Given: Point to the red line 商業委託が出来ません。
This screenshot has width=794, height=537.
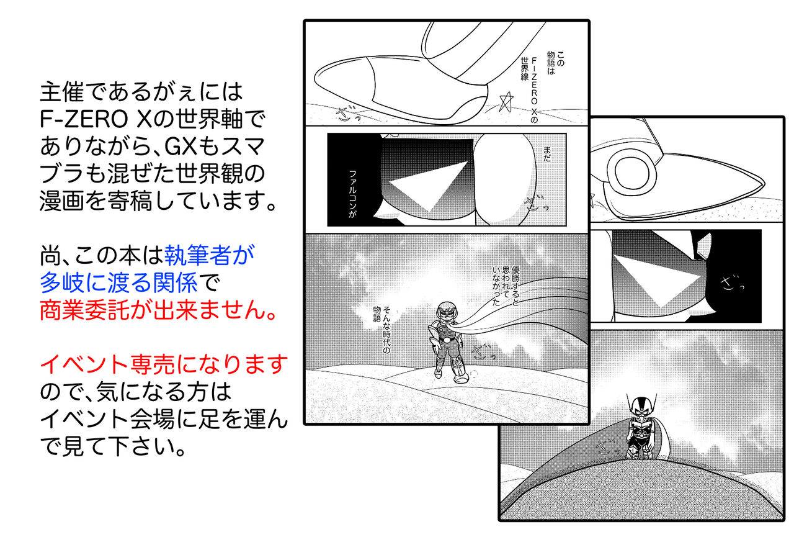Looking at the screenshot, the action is pos(158,310).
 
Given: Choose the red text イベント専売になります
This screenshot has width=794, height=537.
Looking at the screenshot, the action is pos(164,364).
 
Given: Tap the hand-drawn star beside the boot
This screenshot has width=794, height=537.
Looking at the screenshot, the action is pos(506,102).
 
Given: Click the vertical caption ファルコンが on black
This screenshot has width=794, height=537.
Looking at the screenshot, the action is pos(353,194).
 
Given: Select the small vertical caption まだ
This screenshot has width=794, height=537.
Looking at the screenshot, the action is pos(547,155).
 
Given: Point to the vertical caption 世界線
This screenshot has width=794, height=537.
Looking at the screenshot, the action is pos(525,68).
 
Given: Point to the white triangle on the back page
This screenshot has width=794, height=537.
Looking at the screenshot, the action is pos(656,280).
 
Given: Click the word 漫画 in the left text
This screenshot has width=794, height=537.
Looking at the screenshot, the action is pos(61,201).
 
